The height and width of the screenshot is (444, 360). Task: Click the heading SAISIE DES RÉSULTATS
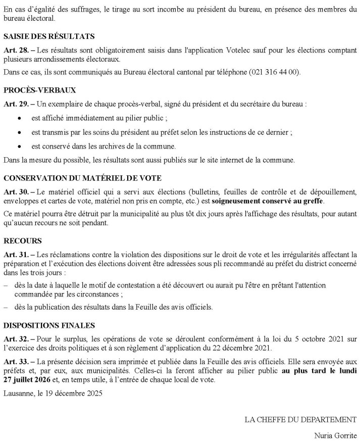(x=49, y=36)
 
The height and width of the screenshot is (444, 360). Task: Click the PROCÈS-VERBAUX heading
(x=39, y=90)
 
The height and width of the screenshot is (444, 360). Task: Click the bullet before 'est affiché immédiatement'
(x=19, y=118)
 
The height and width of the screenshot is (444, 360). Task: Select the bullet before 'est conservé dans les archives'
(x=19, y=146)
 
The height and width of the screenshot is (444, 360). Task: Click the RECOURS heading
(x=22, y=241)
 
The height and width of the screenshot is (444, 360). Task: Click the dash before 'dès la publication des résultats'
(x=6, y=307)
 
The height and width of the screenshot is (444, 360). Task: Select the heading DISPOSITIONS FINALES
(x=48, y=325)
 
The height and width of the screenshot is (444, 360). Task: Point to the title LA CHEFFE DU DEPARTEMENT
(x=300, y=419)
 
